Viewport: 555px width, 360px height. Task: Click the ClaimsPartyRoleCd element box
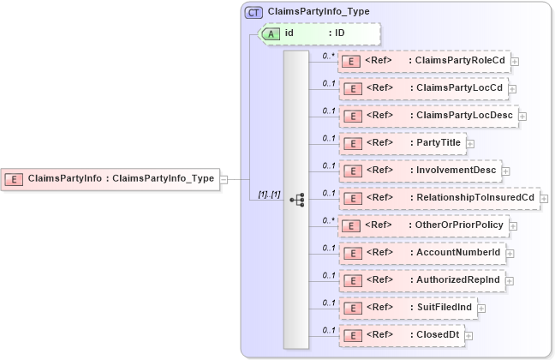coord(424,61)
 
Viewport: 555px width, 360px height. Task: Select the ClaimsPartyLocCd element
coord(424,88)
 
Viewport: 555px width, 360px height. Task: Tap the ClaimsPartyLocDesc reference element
coord(428,116)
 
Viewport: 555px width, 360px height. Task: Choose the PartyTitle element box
coord(403,143)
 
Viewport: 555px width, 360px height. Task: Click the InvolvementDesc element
coord(419,171)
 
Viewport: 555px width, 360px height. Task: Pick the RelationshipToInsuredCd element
coord(439,198)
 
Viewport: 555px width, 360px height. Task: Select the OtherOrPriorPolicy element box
coord(424,225)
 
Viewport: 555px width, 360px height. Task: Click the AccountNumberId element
coord(422,253)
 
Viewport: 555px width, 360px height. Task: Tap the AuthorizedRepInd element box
coord(422,280)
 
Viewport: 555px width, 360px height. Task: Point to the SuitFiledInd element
coord(408,308)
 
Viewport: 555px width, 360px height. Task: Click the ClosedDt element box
coord(403,335)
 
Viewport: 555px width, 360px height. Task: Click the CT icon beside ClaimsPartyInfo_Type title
coord(254,12)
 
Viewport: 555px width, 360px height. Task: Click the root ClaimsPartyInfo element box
coord(110,179)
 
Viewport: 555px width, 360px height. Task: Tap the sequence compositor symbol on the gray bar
coord(297,199)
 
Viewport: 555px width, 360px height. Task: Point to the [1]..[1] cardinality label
coord(269,195)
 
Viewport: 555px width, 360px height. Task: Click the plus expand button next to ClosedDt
coord(469,336)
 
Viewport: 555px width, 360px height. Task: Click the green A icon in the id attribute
coord(272,33)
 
